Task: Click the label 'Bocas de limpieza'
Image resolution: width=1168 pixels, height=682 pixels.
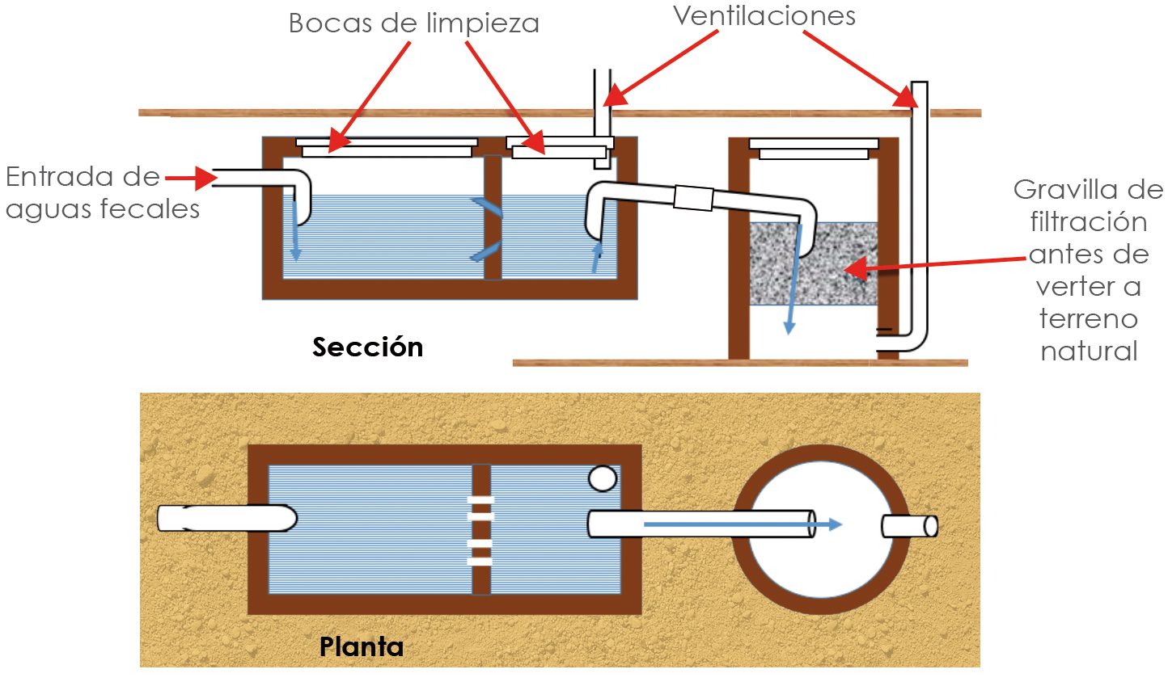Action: click(413, 23)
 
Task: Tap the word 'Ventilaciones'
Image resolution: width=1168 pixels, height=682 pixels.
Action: click(764, 16)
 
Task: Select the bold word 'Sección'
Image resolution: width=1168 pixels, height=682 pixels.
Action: click(368, 347)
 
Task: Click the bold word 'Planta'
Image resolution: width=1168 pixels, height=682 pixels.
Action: click(362, 646)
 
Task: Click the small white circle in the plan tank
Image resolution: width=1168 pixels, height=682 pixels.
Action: click(603, 478)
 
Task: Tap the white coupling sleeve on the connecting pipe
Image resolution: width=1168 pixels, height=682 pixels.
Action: click(693, 197)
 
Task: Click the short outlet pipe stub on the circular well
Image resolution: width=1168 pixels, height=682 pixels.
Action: click(909, 526)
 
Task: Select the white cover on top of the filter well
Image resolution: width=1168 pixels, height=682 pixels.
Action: click(814, 148)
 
